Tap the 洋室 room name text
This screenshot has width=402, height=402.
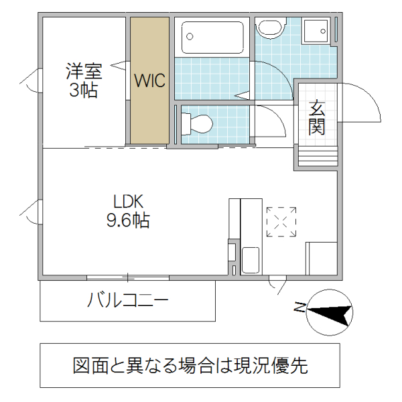[x=83, y=70]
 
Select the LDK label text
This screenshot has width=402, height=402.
[x=127, y=202]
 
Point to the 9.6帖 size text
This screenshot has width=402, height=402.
[x=127, y=220]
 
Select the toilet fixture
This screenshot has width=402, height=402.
[x=196, y=123]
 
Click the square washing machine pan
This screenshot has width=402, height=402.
[x=315, y=31]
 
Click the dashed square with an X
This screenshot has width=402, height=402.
[x=281, y=221]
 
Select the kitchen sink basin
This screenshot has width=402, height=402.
[x=251, y=259]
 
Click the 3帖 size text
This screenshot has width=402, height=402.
[x=83, y=89]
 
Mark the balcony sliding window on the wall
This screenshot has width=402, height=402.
[x=127, y=277]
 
